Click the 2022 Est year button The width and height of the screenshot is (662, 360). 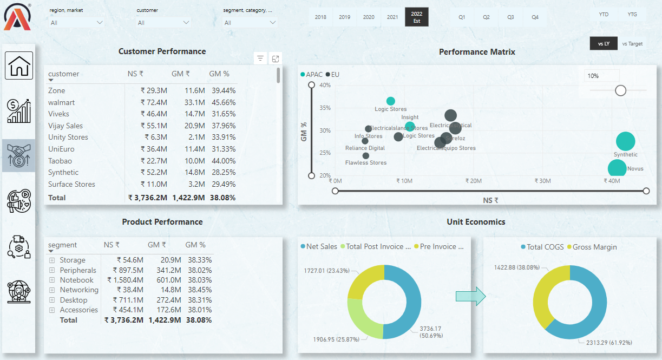pyautogui.click(x=416, y=17)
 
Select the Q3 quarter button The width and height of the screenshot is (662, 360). pyautogui.click(x=510, y=17)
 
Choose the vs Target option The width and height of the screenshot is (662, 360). pyautogui.click(x=632, y=44)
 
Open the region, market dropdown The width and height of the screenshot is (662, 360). pyautogui.click(x=76, y=23)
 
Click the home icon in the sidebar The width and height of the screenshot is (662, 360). pyautogui.click(x=19, y=66)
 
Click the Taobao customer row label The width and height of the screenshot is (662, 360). pyautogui.click(x=60, y=161)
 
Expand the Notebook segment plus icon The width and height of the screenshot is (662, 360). pyautogui.click(x=52, y=280)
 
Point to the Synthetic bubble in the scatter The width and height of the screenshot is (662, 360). pyautogui.click(x=625, y=142)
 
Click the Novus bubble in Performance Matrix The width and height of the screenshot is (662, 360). pyautogui.click(x=617, y=168)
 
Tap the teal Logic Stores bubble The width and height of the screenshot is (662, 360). pyautogui.click(x=391, y=101)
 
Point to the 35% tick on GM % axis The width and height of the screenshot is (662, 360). pyautogui.click(x=324, y=108)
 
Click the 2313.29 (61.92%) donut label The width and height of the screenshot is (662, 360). pyautogui.click(x=609, y=343)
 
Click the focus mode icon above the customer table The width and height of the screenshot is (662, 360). pyautogui.click(x=276, y=58)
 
